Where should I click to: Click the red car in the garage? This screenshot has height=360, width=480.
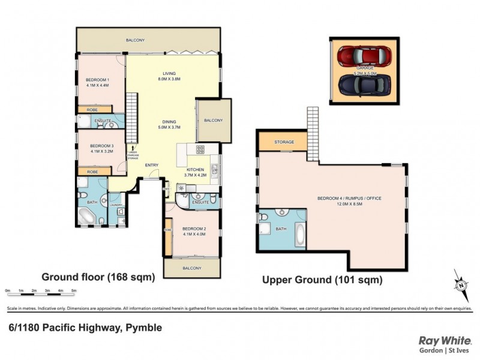click(x=362, y=56)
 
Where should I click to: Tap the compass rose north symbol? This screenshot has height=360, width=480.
click(x=461, y=286)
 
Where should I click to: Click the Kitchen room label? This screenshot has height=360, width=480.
click(x=196, y=170)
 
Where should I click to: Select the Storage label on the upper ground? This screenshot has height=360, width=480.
click(x=284, y=142)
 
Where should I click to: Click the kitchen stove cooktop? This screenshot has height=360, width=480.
click(x=200, y=150)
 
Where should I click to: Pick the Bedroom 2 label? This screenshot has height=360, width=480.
click(x=194, y=230)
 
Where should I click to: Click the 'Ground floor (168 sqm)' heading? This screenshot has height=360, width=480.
click(x=98, y=277)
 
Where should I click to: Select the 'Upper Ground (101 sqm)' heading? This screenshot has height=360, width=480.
click(x=322, y=280)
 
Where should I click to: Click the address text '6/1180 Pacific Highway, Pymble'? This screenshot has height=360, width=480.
click(x=85, y=328)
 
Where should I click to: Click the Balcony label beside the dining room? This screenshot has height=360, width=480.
click(x=212, y=120)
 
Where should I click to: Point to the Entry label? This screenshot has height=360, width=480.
click(x=152, y=165)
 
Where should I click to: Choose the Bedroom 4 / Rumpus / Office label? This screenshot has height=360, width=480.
click(x=358, y=198)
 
